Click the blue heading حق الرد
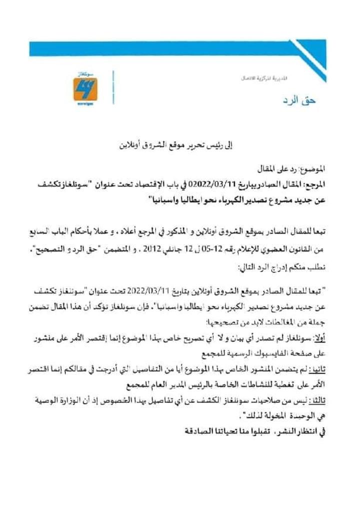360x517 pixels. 304,100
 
